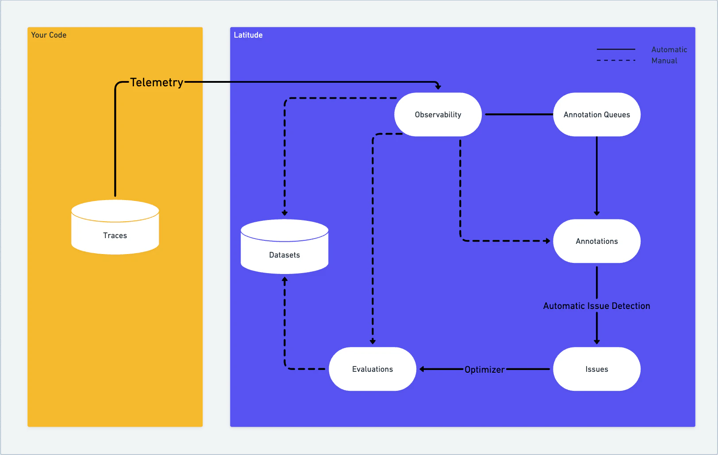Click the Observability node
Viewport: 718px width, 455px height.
[x=438, y=115]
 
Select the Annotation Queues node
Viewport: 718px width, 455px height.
[x=596, y=115]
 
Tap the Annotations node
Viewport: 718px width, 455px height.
[x=596, y=241]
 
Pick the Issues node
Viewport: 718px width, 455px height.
[x=596, y=369]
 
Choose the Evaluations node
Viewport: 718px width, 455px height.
[x=372, y=369]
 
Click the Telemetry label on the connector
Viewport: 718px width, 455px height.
[x=157, y=82]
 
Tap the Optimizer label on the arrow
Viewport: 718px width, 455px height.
[x=484, y=370]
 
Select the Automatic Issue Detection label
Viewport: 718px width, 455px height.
[x=596, y=306]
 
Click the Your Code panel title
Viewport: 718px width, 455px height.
[x=49, y=35]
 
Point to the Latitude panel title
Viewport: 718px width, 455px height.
[x=248, y=35]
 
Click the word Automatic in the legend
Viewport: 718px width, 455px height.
[x=669, y=50]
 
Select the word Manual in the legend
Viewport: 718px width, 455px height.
[x=664, y=61]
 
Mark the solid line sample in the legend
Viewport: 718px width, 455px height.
[x=615, y=49]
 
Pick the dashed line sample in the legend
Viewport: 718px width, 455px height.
[x=615, y=60]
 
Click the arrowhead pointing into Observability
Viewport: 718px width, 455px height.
[x=438, y=87]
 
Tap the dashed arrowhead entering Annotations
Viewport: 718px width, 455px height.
[x=548, y=241]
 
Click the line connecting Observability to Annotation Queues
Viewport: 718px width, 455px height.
[x=518, y=114]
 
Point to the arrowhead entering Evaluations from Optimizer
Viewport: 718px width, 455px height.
[x=422, y=369]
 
